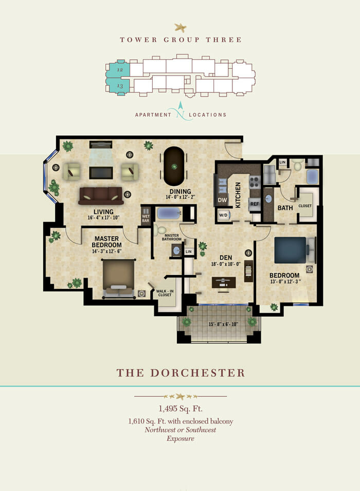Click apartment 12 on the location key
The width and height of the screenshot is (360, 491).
point(118,69)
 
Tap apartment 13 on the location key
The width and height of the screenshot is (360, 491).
point(118,85)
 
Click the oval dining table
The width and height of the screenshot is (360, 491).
point(174,166)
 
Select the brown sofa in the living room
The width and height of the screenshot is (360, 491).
point(101,196)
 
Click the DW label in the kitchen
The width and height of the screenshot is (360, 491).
point(223,201)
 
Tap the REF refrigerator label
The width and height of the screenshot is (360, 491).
point(255,204)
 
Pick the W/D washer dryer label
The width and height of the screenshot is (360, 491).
point(223,215)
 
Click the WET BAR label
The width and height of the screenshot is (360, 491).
point(146,219)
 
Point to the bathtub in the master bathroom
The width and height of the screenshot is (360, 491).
point(169,213)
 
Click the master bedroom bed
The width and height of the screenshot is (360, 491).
point(119,278)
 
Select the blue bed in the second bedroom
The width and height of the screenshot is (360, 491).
point(290,250)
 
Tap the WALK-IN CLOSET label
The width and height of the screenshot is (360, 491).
point(165,293)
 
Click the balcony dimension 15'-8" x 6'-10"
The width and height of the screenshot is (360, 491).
point(223,324)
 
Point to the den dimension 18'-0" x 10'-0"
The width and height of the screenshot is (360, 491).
point(226,264)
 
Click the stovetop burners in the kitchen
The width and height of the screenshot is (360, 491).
point(255,182)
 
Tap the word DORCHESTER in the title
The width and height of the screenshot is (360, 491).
point(197,373)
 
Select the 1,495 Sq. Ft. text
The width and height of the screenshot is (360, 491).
point(181,408)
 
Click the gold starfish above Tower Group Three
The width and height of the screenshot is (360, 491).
point(181,28)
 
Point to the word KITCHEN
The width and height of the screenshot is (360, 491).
point(238,195)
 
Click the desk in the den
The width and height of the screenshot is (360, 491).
point(224,282)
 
